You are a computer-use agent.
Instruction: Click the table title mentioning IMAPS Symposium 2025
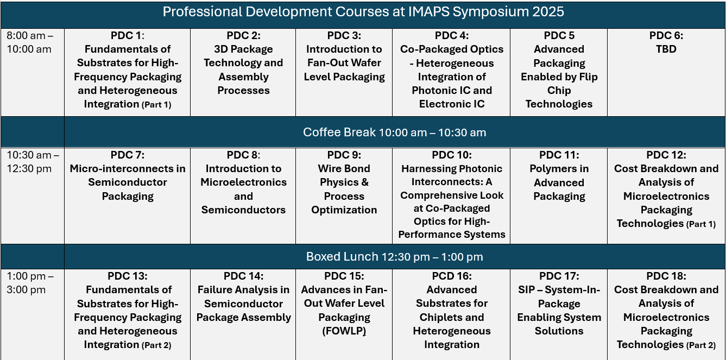(363, 12)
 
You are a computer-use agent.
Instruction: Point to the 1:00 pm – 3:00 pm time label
(30, 283)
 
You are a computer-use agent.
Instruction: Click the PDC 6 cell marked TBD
(666, 42)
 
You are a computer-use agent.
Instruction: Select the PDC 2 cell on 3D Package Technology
(243, 63)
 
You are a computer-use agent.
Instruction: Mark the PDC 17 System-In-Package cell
(559, 304)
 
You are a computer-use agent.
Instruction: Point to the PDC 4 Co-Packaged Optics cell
(451, 70)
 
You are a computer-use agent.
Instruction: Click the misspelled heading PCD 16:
(451, 276)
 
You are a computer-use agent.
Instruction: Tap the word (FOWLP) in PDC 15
(344, 331)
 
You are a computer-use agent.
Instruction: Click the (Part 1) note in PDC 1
(156, 105)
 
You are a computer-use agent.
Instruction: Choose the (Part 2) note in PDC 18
(701, 345)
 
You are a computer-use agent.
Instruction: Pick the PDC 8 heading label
(243, 155)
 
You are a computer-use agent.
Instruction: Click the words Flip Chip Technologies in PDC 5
(559, 97)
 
